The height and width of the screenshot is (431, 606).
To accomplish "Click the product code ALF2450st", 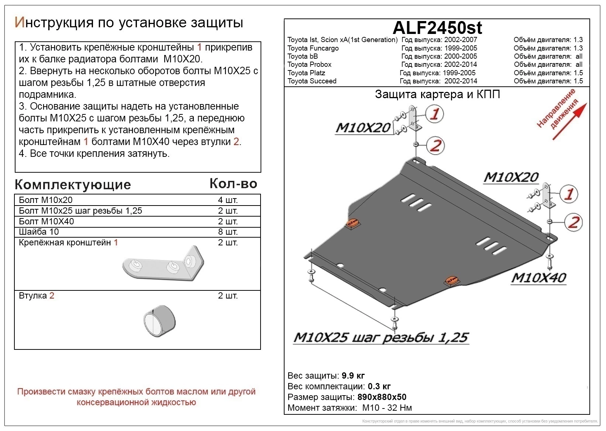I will [x=437, y=28].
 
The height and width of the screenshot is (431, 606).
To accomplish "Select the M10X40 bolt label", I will [x=538, y=278].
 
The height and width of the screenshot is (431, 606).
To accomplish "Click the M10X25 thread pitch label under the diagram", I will [x=381, y=337].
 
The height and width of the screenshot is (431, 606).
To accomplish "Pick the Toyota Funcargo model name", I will [x=313, y=48].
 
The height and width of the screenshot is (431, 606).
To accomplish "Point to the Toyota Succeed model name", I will [x=312, y=81].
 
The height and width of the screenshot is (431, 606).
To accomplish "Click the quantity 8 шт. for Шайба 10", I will [x=228, y=232].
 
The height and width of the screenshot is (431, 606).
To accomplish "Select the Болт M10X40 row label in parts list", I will [x=47, y=221].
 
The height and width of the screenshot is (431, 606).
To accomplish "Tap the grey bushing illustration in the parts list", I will [x=159, y=321].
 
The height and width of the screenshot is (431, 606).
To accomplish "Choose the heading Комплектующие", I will [x=73, y=185].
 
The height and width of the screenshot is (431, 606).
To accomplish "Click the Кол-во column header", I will [x=233, y=183].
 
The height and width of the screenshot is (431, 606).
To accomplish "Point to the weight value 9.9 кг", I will [x=353, y=376].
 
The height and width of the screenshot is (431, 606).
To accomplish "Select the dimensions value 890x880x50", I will [x=382, y=397].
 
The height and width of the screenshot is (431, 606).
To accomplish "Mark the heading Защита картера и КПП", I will [x=437, y=94].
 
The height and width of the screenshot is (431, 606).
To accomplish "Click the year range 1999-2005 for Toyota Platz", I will [x=459, y=73].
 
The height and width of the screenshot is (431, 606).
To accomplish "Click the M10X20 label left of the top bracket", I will [x=363, y=128].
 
